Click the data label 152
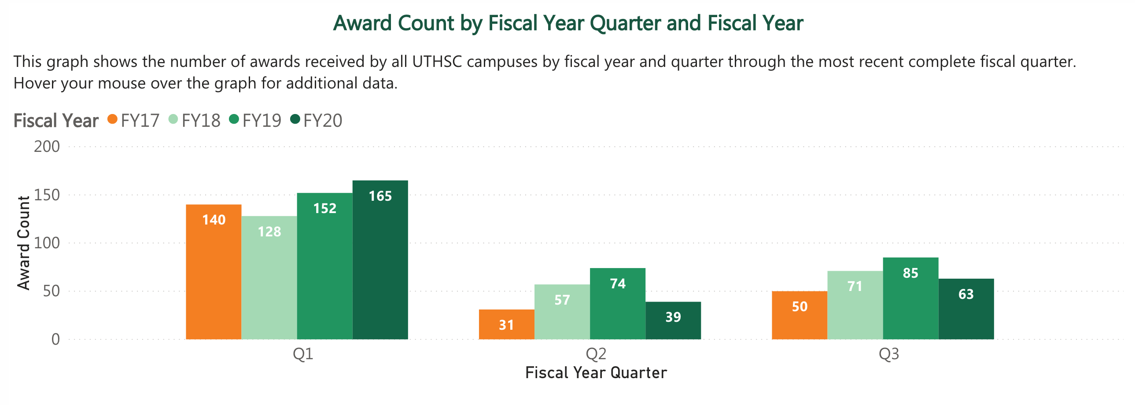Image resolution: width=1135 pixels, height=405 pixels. point(325,209)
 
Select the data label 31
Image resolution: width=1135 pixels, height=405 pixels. point(506,325)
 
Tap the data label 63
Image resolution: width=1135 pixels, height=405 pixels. point(966,295)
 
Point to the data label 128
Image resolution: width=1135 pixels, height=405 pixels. point(269,232)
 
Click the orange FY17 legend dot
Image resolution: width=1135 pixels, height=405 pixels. point(112,119)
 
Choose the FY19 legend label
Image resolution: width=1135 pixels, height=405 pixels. point(262,120)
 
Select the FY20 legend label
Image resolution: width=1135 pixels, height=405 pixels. point(323,120)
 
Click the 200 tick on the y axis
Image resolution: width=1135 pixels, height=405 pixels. point(47,147)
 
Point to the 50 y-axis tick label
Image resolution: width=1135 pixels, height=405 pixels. point(51,291)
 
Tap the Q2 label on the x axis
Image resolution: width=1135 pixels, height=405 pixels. point(596,354)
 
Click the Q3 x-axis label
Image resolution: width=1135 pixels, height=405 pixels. point(889,354)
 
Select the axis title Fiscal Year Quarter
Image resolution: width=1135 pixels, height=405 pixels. point(596,373)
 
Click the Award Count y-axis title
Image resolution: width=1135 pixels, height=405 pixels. point(23,243)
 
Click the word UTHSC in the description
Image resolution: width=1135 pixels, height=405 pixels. point(437,62)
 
